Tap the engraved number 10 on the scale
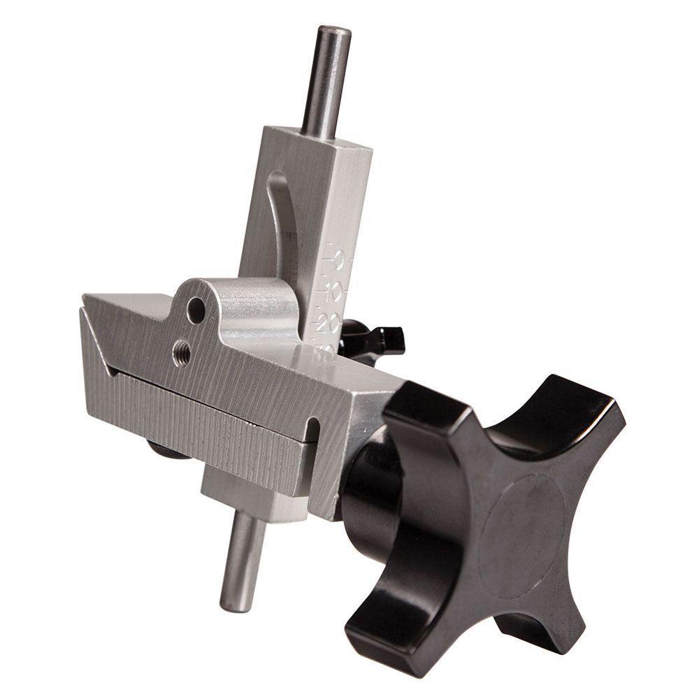coord(333,291)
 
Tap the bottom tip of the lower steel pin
coord(236,605)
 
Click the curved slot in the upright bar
coord(280,224)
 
